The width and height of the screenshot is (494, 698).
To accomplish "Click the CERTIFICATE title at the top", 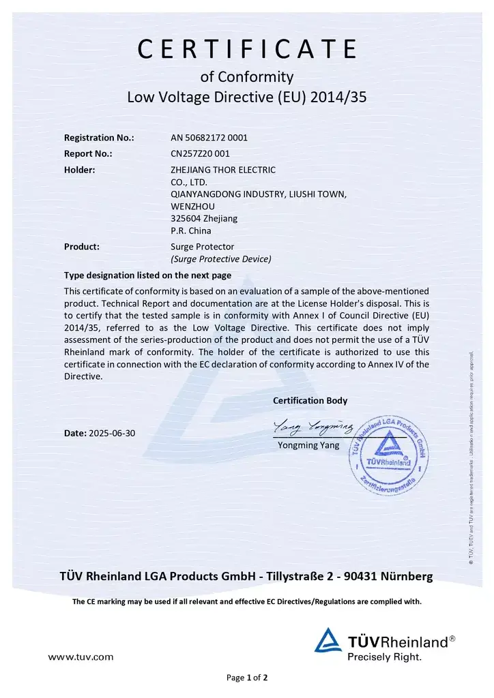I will coord(247,49).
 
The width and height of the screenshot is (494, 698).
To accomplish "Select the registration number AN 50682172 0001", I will coord(209,138).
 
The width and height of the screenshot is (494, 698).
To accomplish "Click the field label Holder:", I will coord(79,170).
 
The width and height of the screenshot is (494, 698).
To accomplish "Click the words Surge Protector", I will coord(202,247).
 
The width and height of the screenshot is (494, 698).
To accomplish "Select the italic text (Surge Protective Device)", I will coord(220,259).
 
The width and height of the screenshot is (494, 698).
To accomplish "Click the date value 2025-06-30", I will coord(117,434).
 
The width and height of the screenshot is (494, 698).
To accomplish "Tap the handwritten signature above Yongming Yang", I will coord(313,428).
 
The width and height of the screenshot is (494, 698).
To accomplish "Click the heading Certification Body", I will coord(310,401).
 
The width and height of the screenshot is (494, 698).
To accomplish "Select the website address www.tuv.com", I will coord(81,657).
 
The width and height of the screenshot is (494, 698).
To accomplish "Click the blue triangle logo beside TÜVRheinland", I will coord(328,641).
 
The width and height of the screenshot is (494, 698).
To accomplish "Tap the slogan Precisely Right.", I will coord(384,657).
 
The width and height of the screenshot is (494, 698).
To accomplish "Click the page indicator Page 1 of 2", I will coord(247,678).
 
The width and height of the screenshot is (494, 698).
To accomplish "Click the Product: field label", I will coord(82,247).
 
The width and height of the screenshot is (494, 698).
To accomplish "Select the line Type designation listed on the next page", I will coord(147,275).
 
